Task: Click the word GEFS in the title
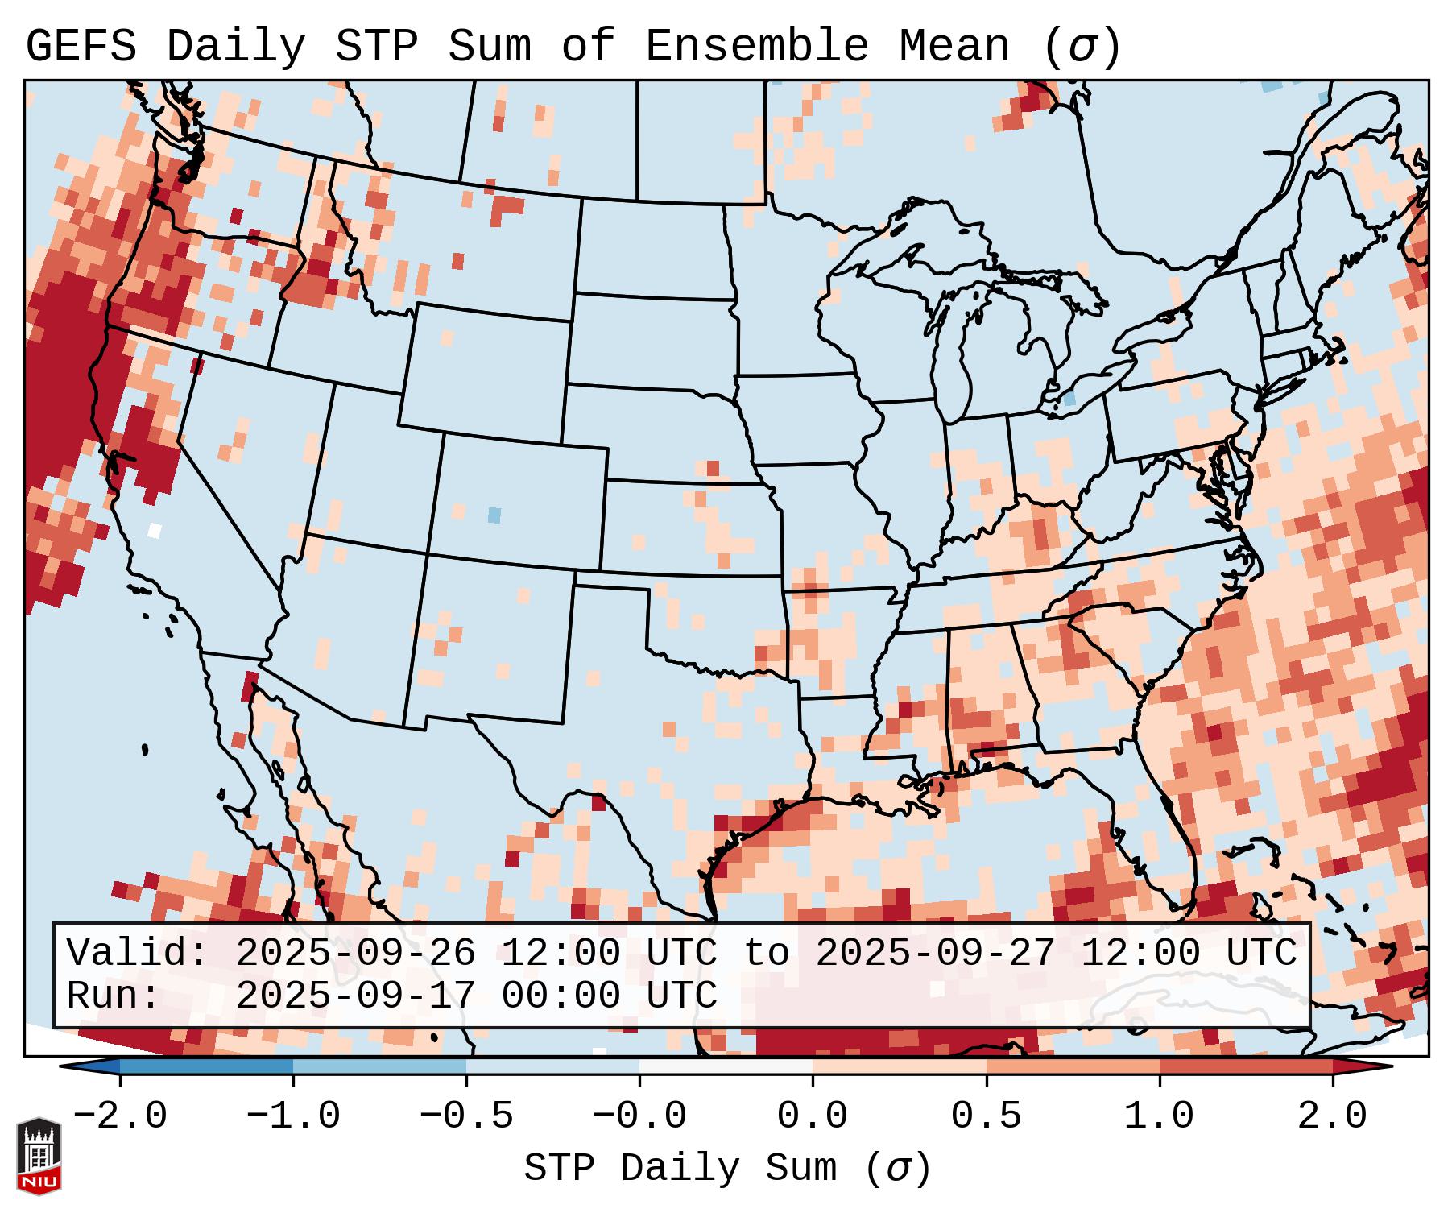[x=81, y=47]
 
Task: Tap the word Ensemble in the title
[x=756, y=47]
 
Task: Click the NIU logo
[x=39, y=1156]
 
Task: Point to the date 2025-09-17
[x=355, y=996]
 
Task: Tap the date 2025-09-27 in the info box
[x=935, y=954]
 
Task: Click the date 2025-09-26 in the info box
[x=355, y=954]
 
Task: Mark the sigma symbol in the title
[x=1082, y=47]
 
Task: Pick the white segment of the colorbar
[x=726, y=1067]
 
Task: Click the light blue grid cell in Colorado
[x=494, y=515]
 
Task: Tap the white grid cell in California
[x=155, y=530]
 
